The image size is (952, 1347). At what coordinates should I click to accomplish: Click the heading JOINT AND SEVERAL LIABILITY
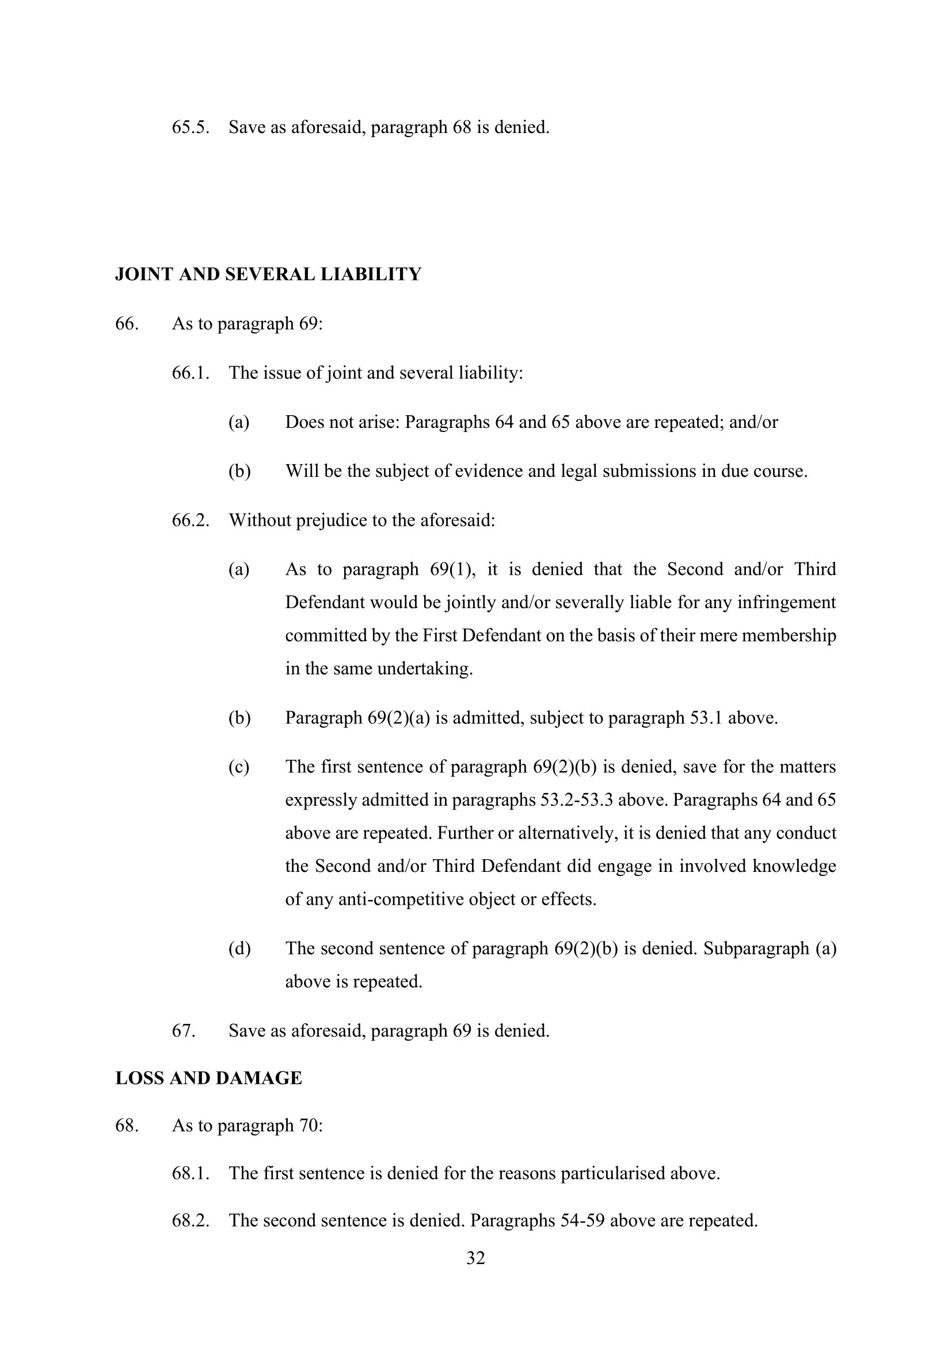(x=268, y=275)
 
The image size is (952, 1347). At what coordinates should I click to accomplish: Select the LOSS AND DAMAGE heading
(x=209, y=1078)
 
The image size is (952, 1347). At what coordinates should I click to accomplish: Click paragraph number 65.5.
(x=191, y=127)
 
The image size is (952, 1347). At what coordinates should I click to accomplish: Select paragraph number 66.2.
(x=191, y=521)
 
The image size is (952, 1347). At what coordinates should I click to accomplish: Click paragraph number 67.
(x=183, y=1030)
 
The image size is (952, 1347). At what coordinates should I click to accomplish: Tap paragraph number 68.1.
(x=191, y=1173)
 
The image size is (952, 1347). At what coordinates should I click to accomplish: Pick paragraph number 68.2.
(x=191, y=1220)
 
